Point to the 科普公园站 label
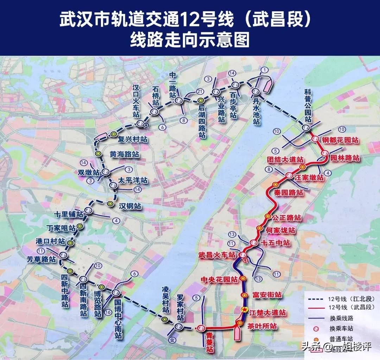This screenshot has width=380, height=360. coord(309,105)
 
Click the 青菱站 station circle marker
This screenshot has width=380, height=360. coord(201,328)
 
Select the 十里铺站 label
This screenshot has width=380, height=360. coord(69,214)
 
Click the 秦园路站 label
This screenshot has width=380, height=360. coord(289,193)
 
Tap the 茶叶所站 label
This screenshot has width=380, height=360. coord(262,327)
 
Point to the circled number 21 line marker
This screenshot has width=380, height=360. coord(200,92)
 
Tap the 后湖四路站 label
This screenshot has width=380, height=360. coord(202,121)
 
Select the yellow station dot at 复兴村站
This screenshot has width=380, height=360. coord(113,134)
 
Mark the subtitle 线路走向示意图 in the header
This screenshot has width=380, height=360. coord(190,39)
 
